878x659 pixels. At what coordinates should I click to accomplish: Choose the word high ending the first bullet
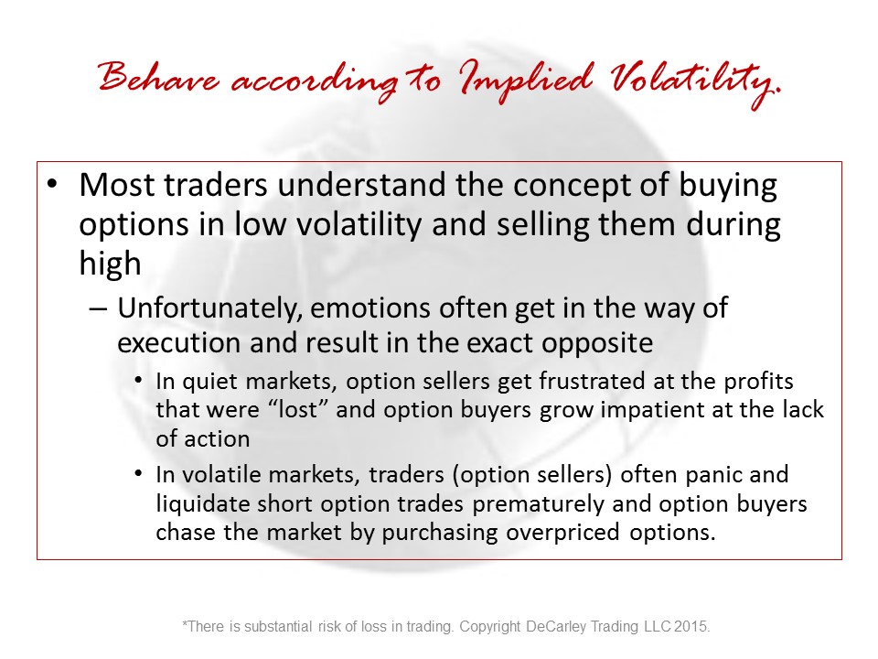(x=110, y=264)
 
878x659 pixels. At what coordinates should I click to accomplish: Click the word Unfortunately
(x=210, y=308)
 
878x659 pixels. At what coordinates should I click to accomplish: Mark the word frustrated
(x=592, y=381)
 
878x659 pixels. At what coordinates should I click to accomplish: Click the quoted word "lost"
(x=298, y=410)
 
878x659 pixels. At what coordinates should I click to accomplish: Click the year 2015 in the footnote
(x=692, y=626)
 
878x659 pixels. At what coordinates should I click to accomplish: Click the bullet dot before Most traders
(x=52, y=184)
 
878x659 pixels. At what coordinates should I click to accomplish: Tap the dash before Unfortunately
(x=98, y=308)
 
